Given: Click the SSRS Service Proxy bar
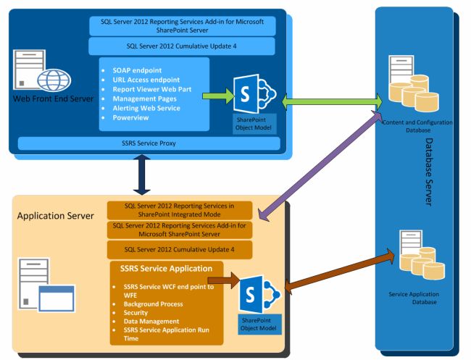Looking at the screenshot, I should click(x=148, y=143).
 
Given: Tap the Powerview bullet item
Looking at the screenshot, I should click(x=132, y=117).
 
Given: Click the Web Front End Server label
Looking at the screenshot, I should click(x=48, y=99).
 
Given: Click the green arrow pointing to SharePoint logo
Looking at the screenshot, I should click(x=216, y=95).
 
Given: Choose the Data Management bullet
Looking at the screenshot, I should click(x=146, y=321).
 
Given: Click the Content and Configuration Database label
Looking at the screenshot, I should click(x=418, y=127).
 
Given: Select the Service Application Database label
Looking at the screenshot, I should click(x=414, y=298).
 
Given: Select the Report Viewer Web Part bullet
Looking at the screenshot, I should click(x=151, y=89).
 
